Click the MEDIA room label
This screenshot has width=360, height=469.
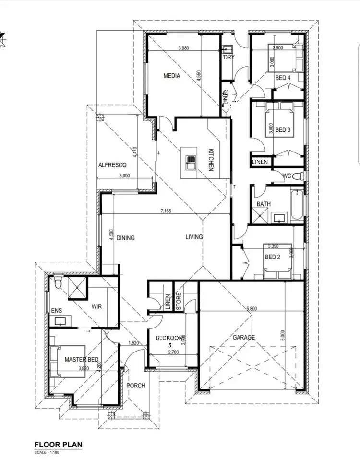(171, 76)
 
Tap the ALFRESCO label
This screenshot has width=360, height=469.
(112, 164)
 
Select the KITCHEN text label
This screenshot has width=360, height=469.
(210, 160)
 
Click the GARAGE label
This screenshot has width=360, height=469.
(244, 338)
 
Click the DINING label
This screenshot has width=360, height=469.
(125, 238)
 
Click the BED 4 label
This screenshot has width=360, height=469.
(283, 78)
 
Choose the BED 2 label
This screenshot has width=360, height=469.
(273, 257)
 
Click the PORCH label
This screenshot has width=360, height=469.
(135, 386)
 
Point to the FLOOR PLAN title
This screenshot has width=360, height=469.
(58, 445)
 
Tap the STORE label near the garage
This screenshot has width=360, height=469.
(178, 301)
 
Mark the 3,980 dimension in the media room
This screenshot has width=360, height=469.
(183, 48)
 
